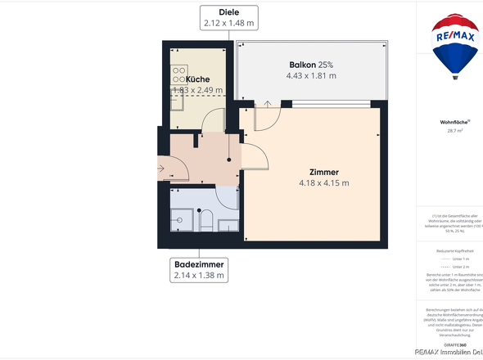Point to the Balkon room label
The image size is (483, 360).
click(311, 65)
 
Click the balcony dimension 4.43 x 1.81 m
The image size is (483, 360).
click(311, 76)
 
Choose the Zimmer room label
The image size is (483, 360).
click(324, 172)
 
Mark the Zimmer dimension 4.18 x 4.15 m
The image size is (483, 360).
click(324, 183)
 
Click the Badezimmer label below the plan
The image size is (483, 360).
click(199, 264)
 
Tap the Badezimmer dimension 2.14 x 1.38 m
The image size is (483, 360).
click(199, 277)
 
